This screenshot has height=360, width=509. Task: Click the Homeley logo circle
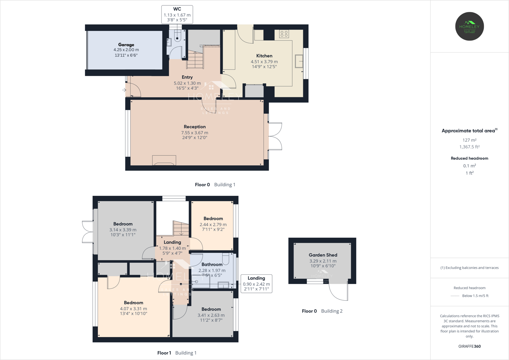click(x=469, y=27)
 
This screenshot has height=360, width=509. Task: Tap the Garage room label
click(x=126, y=45)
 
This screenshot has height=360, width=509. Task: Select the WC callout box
click(x=177, y=14)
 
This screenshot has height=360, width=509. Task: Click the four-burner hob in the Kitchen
click(x=284, y=34)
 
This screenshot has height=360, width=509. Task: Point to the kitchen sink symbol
click(x=299, y=61)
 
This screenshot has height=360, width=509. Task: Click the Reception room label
click(x=195, y=127)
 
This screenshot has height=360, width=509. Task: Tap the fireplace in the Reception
click(x=164, y=161)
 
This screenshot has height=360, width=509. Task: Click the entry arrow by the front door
click(x=124, y=90)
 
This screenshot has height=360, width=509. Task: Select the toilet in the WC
click(x=177, y=36)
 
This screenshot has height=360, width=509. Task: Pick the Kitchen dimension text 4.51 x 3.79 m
click(x=264, y=62)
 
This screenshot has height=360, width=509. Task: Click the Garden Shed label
click(x=323, y=255)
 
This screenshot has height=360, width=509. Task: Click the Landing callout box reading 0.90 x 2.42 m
click(x=256, y=283)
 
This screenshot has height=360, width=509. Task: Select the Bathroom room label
click(x=212, y=264)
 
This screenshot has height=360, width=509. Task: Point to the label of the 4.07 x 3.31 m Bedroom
click(x=134, y=303)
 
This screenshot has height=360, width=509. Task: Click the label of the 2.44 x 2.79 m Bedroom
click(x=213, y=218)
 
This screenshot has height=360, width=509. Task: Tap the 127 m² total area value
click(x=469, y=140)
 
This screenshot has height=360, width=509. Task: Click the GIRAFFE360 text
click(x=469, y=346)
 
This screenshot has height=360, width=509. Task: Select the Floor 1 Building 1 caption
click(x=177, y=353)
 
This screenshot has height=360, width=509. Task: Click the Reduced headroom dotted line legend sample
click(x=455, y=296)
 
